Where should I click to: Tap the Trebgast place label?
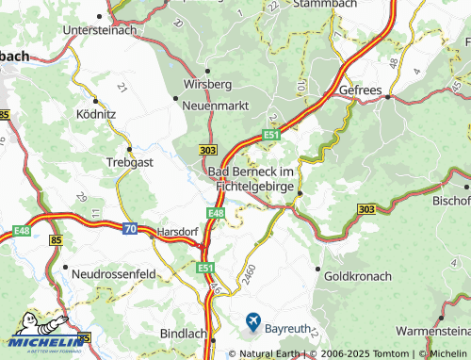click(x=130, y=161)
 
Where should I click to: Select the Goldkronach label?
click(x=358, y=278)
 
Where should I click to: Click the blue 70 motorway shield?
click(x=129, y=226)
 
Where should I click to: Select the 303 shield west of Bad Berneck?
click(x=210, y=151)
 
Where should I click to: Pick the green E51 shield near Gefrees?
click(x=271, y=136)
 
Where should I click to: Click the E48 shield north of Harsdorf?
click(x=216, y=214)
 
